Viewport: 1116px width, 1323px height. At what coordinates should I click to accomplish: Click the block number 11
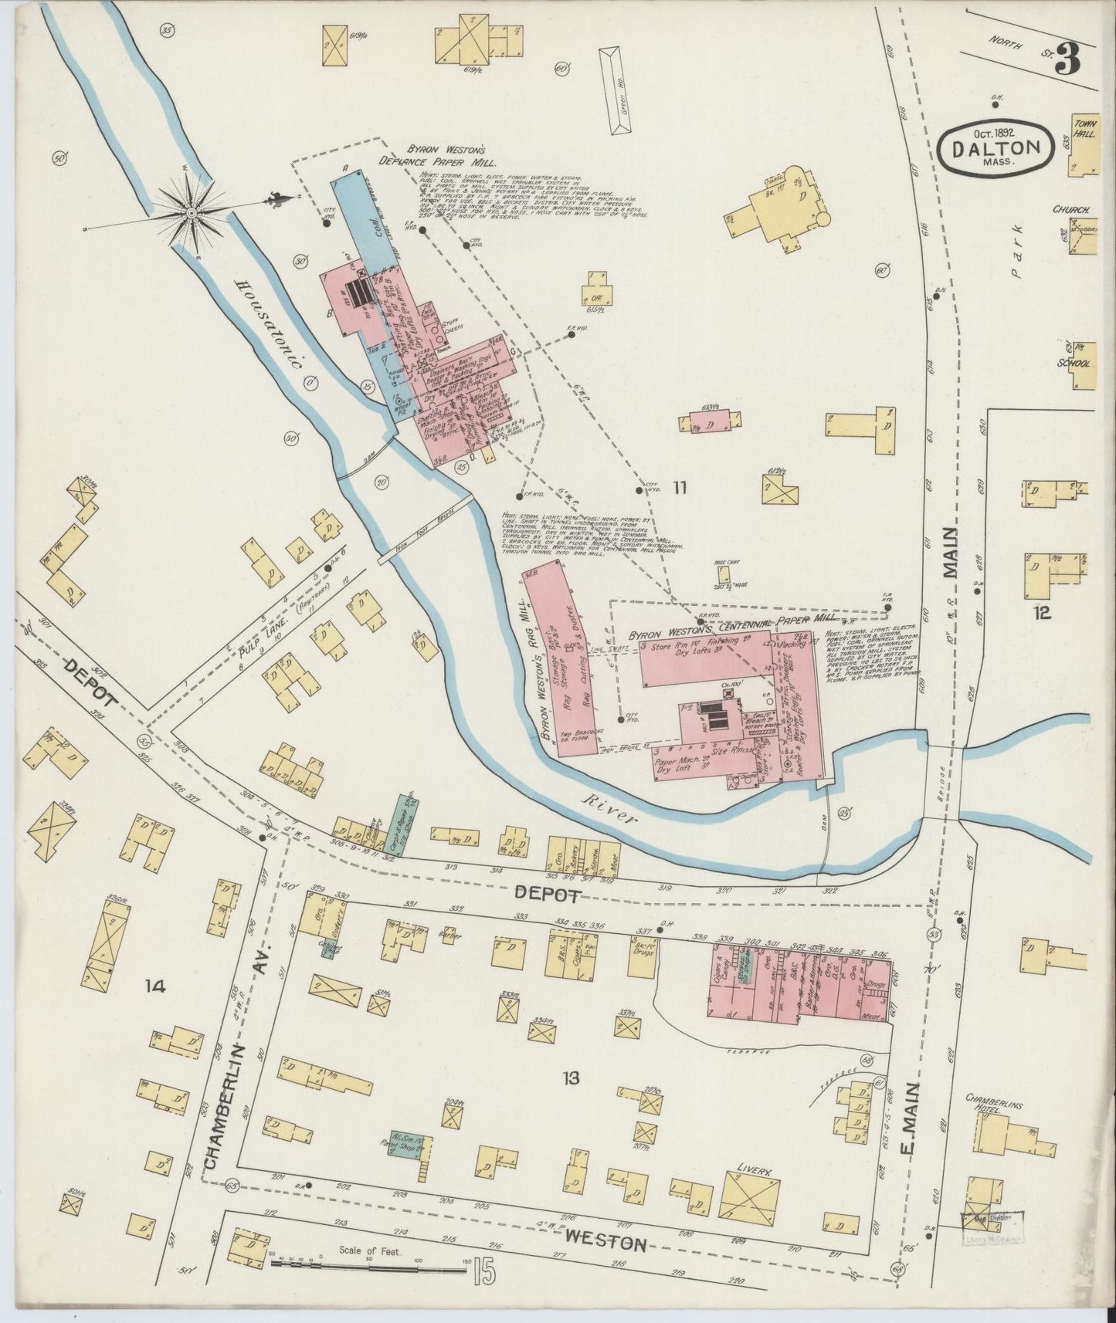[x=680, y=487]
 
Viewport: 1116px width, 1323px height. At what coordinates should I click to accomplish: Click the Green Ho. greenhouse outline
[x=615, y=91]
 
